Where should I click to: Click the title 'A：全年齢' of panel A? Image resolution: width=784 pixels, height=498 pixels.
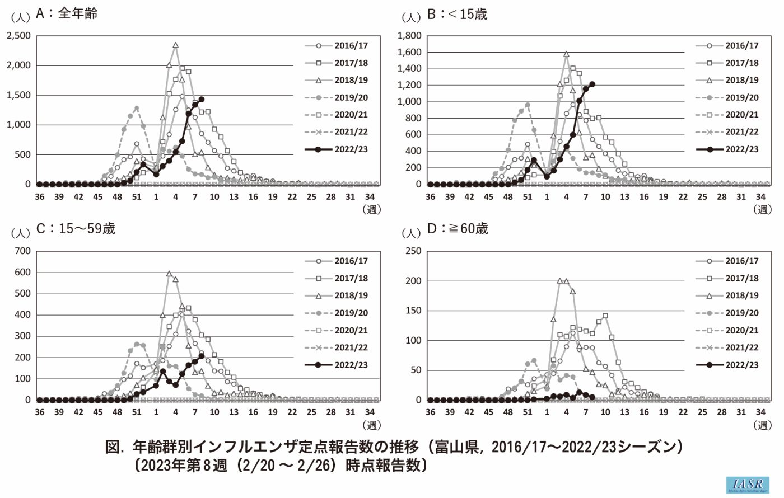(67, 13)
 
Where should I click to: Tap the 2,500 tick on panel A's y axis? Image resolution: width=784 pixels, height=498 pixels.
(19, 36)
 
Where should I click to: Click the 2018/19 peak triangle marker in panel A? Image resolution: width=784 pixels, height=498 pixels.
(175, 45)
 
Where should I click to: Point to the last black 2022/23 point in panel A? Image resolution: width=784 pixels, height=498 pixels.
(202, 99)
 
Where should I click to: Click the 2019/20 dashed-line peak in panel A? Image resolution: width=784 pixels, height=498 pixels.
(137, 108)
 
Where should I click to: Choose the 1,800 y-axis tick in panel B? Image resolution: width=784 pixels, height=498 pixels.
(409, 36)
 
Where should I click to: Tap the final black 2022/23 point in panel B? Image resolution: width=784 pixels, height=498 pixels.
(592, 84)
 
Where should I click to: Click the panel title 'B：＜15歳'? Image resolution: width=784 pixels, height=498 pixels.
(458, 14)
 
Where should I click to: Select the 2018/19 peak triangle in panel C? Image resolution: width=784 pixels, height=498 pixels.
(169, 274)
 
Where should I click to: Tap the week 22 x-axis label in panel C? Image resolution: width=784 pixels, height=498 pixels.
(292, 412)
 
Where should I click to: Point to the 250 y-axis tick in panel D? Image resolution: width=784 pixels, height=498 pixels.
(413, 251)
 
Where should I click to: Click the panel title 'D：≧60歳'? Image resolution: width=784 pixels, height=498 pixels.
(458, 229)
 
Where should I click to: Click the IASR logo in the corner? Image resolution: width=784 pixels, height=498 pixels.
(748, 485)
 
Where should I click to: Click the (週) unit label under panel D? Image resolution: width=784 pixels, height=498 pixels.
(763, 425)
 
